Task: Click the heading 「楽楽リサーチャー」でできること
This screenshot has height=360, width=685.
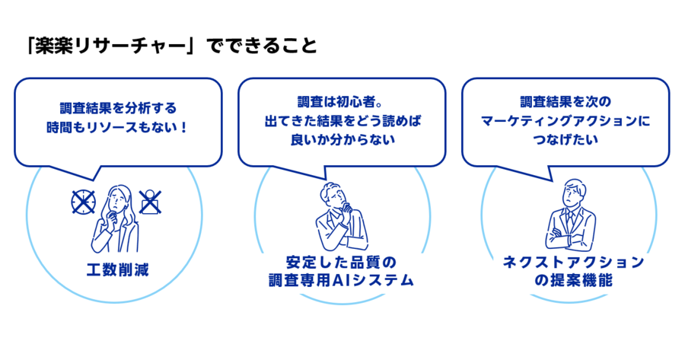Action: (x=172, y=46)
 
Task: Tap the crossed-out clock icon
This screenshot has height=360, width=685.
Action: (x=84, y=202)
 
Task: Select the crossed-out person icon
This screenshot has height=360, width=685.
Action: (x=150, y=202)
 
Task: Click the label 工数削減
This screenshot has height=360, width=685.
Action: (x=117, y=270)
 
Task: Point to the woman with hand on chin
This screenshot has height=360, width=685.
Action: (x=116, y=218)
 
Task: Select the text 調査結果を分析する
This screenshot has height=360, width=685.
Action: (x=118, y=108)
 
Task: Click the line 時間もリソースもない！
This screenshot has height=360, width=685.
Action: (x=117, y=127)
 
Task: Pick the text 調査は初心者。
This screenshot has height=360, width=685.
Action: (x=340, y=102)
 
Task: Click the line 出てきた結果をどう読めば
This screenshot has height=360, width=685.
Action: (x=342, y=120)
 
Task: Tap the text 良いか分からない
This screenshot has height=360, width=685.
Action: (x=342, y=140)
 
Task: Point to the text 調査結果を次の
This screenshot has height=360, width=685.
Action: (x=566, y=102)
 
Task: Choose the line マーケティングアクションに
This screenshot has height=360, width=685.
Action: (x=566, y=120)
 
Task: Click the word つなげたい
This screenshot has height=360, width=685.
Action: (x=566, y=140)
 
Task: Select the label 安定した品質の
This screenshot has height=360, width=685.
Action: (x=341, y=262)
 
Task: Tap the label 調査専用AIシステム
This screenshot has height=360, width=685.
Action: (x=341, y=280)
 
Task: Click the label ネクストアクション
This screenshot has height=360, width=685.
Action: (x=573, y=262)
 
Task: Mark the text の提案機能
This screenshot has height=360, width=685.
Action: (x=573, y=280)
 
